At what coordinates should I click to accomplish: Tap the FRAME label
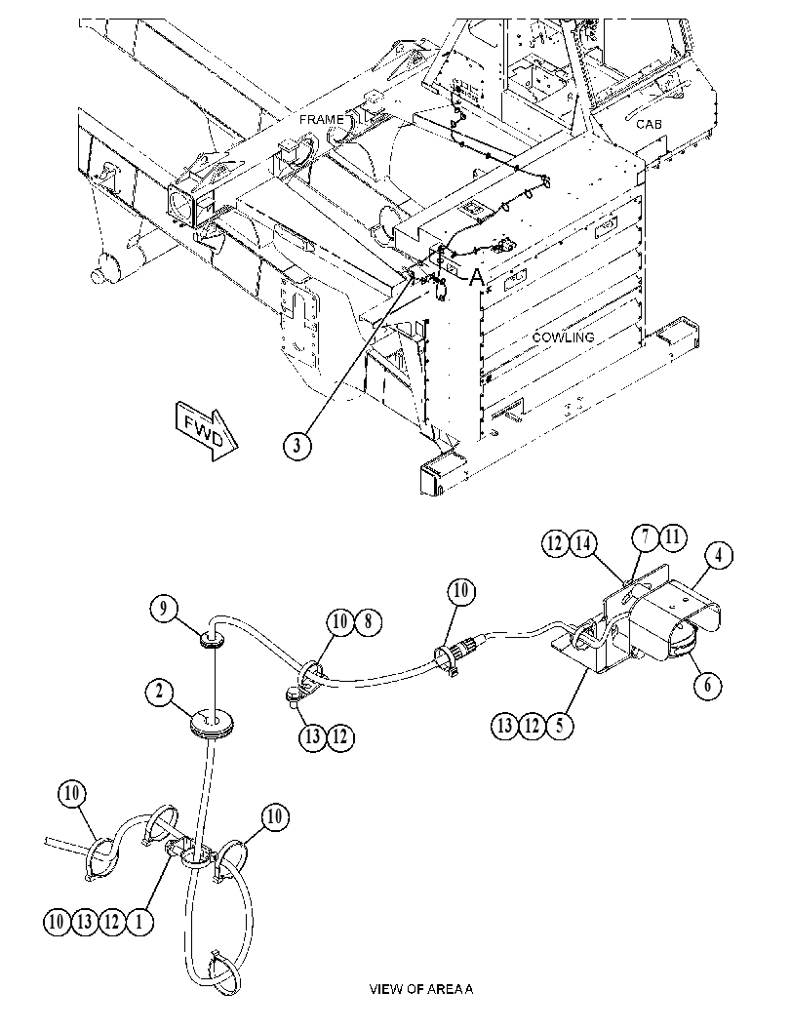(322, 120)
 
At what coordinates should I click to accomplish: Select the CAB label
(649, 124)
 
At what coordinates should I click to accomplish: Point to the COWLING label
(563, 337)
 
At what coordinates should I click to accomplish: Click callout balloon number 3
(297, 445)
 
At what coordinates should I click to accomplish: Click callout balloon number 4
(719, 556)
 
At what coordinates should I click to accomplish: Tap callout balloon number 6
(707, 685)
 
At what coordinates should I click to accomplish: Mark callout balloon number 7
(647, 537)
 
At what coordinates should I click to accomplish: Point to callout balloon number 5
(560, 726)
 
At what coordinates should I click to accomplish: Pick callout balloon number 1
(138, 922)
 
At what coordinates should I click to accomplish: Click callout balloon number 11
(672, 537)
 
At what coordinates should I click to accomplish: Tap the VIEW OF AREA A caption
(420, 988)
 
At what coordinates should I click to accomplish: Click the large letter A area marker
(477, 277)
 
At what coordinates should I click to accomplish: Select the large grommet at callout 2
(211, 725)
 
